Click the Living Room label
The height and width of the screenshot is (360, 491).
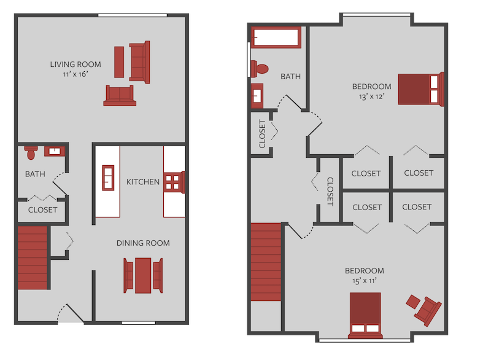(75, 64)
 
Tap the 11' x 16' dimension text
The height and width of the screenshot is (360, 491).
(75, 75)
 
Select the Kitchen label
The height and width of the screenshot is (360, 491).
(143, 182)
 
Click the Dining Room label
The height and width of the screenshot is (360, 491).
(143, 243)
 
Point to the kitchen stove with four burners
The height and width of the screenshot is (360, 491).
(174, 182)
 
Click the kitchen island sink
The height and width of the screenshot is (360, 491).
(108, 178)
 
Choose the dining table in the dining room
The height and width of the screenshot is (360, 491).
(144, 275)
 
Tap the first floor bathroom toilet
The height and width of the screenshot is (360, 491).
(31, 149)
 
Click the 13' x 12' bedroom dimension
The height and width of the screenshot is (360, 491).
(371, 96)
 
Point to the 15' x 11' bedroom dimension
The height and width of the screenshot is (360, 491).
(364, 281)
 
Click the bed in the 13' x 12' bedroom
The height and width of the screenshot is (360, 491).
(420, 89)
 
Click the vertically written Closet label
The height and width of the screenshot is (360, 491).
(330, 191)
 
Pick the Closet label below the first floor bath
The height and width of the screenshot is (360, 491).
(43, 209)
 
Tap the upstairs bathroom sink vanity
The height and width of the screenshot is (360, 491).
(257, 95)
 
